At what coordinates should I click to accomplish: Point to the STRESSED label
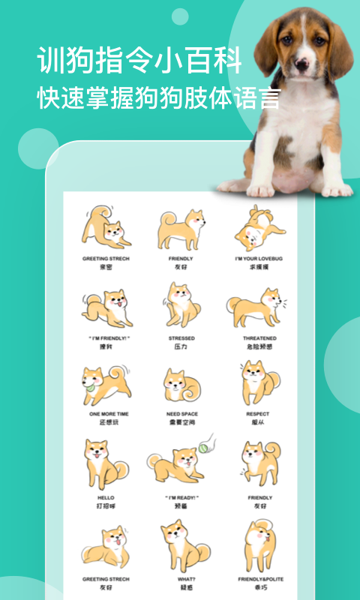point(181,338)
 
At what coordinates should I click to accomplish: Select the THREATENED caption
point(259,338)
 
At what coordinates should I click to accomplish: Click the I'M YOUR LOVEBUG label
point(259,258)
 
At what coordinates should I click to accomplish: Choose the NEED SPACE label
point(181,414)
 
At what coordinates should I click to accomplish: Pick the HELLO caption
point(105,498)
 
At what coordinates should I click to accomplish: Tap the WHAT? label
point(181,579)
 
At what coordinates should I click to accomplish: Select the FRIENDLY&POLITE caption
point(259,579)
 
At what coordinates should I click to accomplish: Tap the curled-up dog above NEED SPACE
point(181,385)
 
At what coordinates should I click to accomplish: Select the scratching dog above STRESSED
point(180,304)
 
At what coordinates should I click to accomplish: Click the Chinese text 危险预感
point(259,347)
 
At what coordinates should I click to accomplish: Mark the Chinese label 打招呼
point(105,507)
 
